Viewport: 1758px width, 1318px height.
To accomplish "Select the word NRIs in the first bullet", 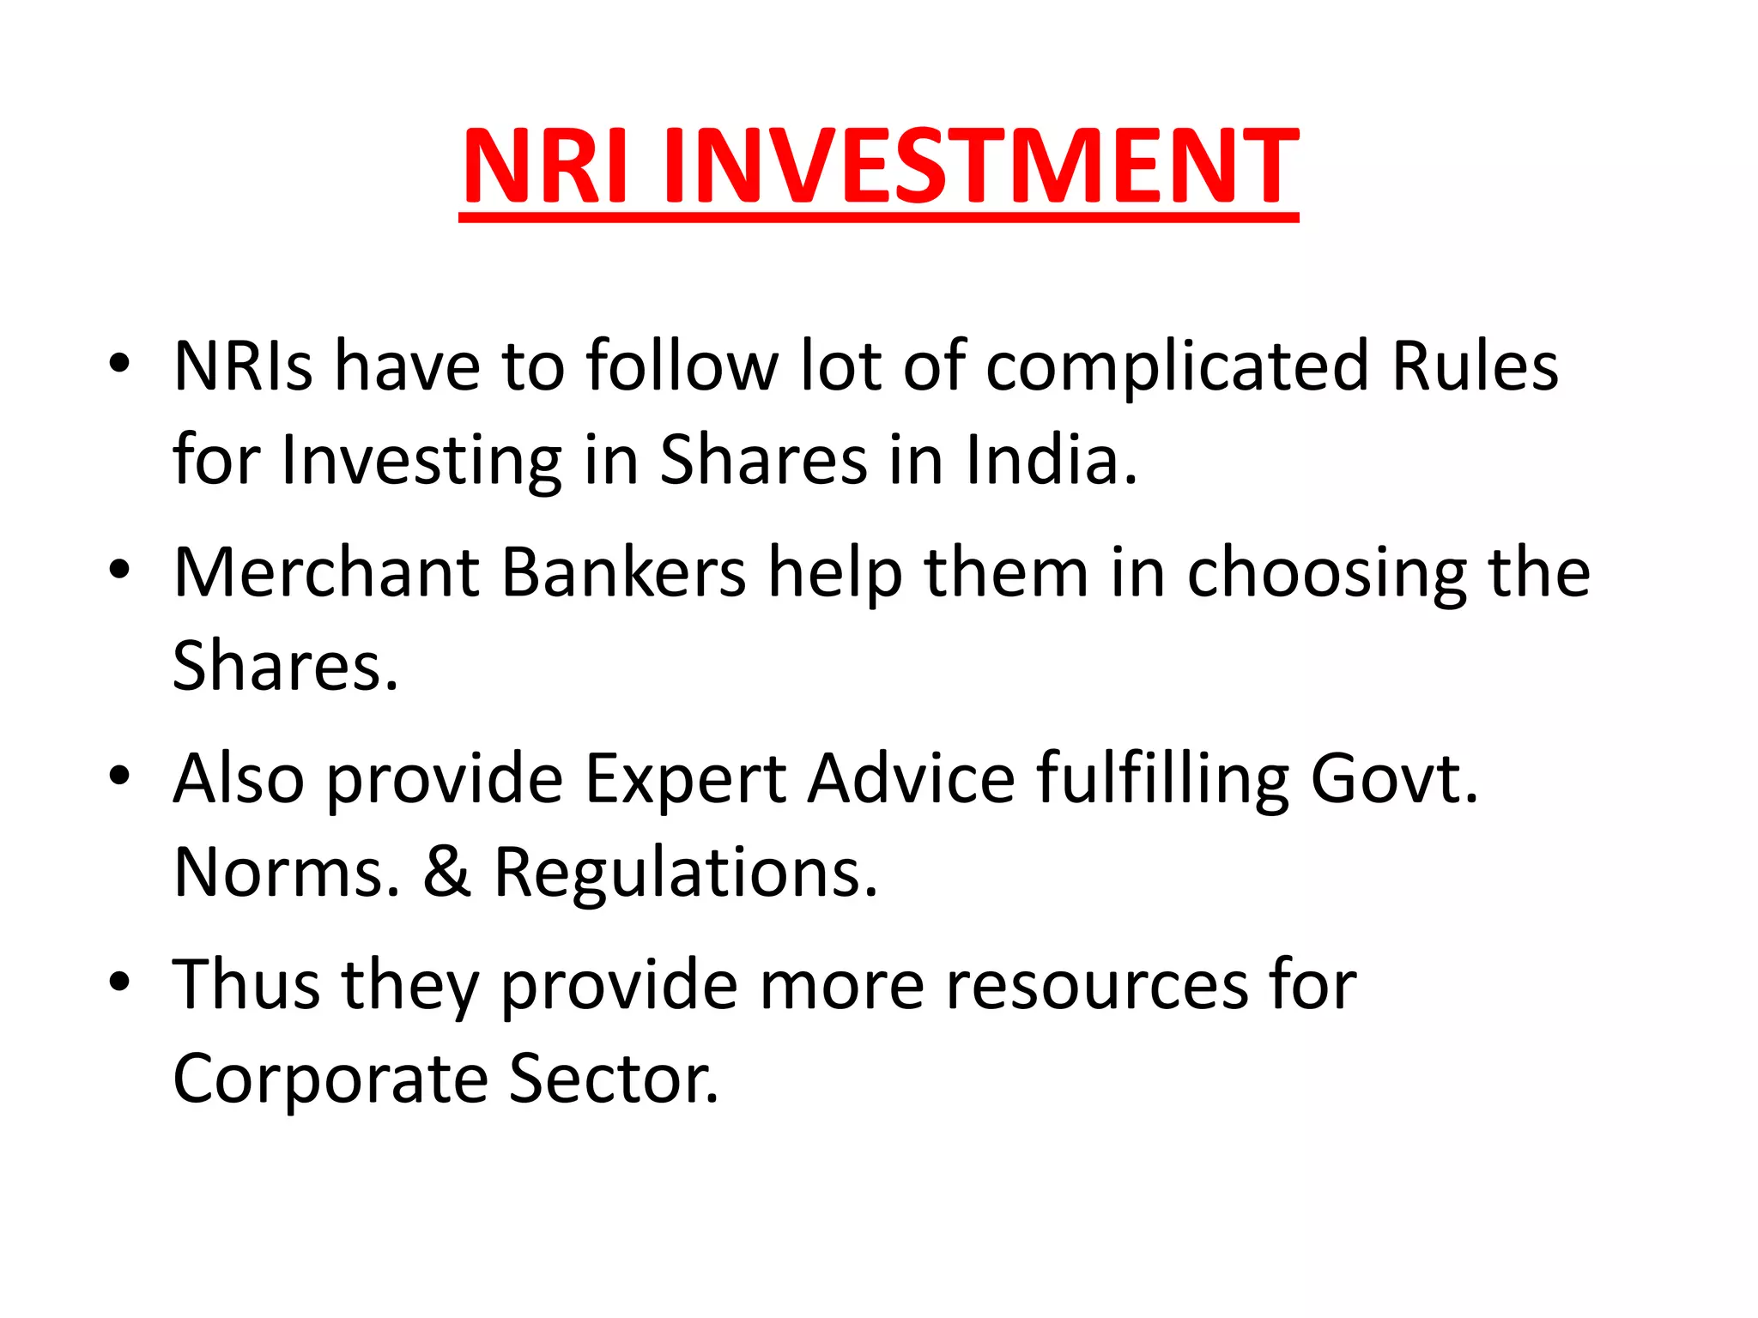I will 243,366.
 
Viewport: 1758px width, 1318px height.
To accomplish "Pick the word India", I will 1052,460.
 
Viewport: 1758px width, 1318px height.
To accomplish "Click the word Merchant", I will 326,572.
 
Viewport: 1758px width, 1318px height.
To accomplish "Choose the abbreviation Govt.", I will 1394,778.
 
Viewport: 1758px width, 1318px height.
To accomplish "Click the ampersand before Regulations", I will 447,873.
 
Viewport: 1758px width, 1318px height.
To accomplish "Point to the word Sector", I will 613,1079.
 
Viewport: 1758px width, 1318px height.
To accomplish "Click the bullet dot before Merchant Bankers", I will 119,569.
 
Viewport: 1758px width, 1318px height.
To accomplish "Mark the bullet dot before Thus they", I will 119,981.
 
